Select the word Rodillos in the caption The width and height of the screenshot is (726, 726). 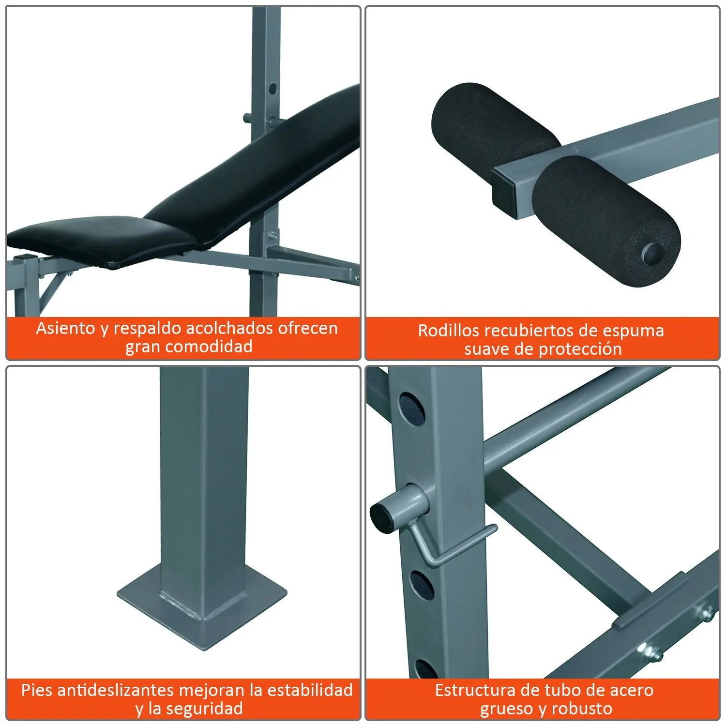point(449,331)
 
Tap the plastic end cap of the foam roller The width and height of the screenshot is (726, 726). point(653,253)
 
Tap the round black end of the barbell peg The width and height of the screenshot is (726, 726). point(380,514)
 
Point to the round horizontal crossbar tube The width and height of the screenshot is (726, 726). point(571,416)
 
